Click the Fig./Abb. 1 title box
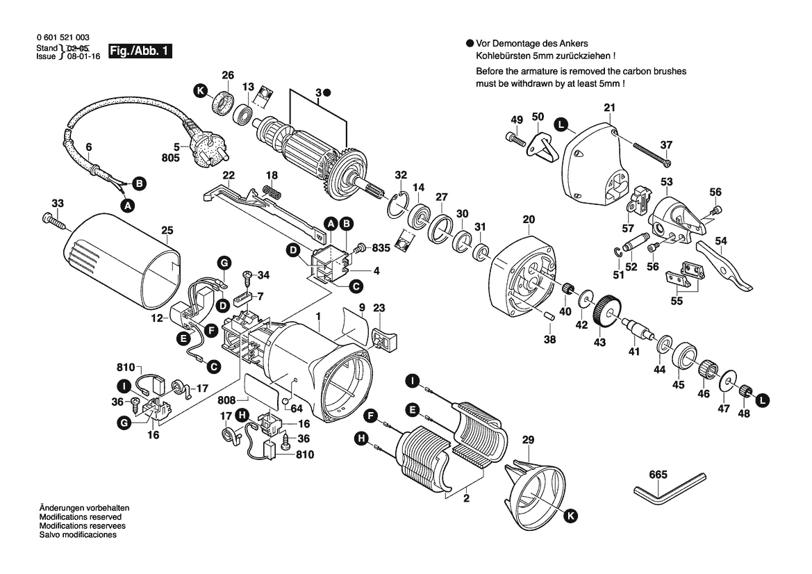click(x=140, y=52)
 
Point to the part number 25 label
click(x=167, y=230)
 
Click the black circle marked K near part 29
click(x=570, y=515)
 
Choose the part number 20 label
click(x=529, y=220)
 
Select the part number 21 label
click(x=610, y=108)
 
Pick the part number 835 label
click(x=382, y=247)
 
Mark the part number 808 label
click(x=227, y=400)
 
